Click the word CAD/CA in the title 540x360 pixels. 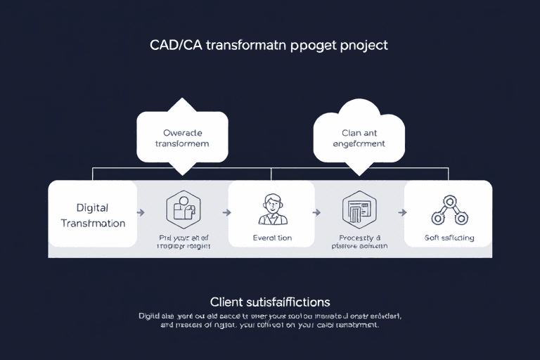point(175,45)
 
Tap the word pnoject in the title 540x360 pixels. point(362,45)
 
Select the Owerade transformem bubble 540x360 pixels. point(182,137)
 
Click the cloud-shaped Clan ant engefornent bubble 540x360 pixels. point(359,137)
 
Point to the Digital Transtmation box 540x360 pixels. point(92,214)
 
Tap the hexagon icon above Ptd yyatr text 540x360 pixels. point(182,210)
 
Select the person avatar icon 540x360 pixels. point(271,209)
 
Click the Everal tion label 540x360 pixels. point(271,238)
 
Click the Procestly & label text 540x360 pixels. point(359,238)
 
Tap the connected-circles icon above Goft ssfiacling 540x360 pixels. point(448,210)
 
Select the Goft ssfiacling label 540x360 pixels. point(449,238)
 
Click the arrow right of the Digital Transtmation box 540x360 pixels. point(141,211)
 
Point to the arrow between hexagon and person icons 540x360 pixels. point(226,211)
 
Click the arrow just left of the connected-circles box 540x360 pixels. point(402,211)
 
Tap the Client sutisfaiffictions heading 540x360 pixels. point(270,302)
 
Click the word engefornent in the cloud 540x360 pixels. point(359,143)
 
